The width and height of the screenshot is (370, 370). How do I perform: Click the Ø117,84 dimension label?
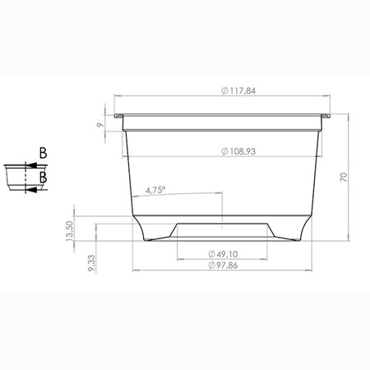238,90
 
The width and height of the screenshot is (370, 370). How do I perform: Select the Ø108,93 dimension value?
238,151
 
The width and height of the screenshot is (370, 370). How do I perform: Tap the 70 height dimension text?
344,178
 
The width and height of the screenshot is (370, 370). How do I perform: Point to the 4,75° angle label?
155,190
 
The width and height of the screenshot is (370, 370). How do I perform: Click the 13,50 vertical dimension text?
70,231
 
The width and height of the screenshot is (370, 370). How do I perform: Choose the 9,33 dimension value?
91,263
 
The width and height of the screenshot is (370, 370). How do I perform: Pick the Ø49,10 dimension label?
223,254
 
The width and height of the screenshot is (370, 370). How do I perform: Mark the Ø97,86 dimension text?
223,266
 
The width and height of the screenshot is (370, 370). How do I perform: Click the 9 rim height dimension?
100,125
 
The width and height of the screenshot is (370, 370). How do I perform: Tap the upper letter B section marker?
43,153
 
